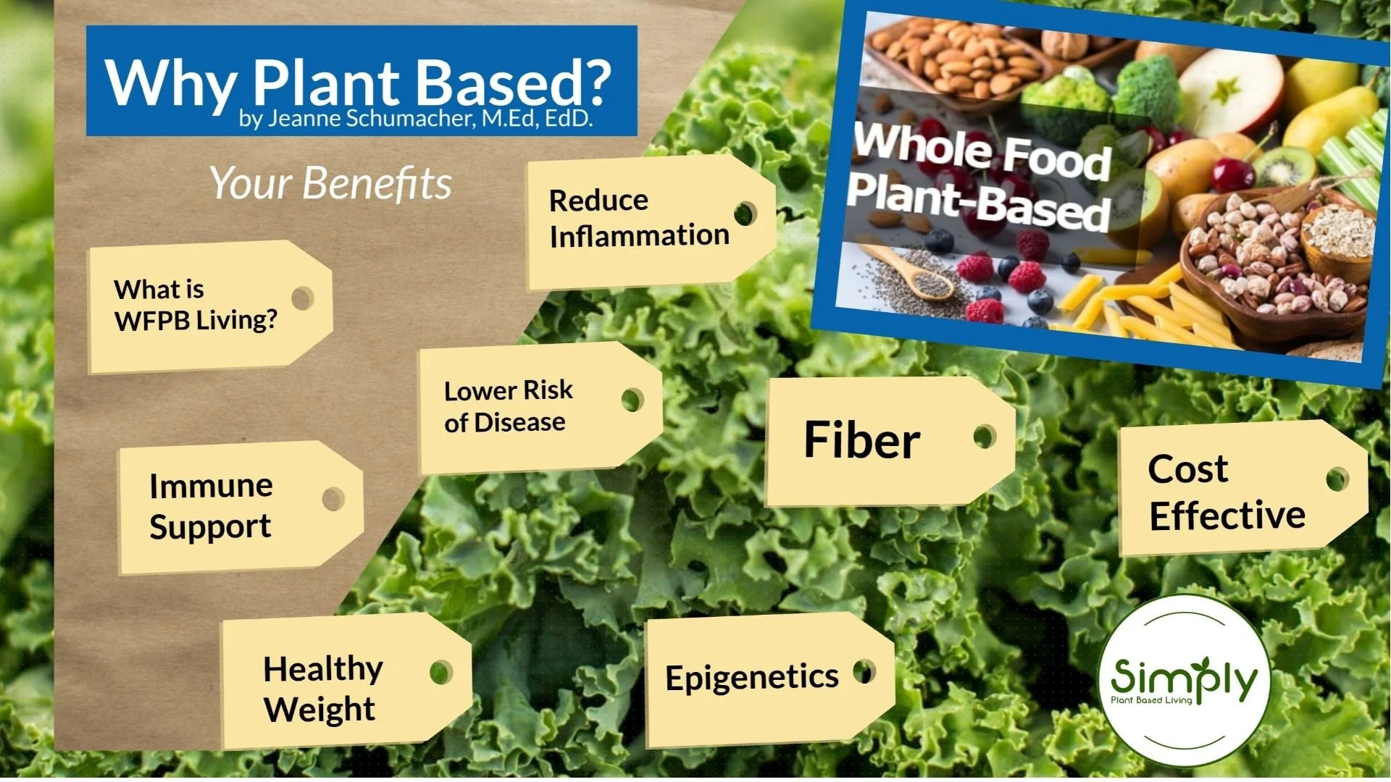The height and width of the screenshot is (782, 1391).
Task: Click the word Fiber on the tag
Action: pos(861,440)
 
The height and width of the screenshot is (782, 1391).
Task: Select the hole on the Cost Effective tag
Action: pos(1337,479)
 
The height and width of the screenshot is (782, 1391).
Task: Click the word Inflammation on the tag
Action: pos(639,236)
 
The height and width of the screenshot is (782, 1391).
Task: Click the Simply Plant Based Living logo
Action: pos(1184,681)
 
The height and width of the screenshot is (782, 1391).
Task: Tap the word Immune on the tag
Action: pos(211,486)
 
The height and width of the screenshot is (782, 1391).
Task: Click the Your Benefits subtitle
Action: pos(330,182)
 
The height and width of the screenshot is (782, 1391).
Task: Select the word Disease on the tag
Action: pos(519,422)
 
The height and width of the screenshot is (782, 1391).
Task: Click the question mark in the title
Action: pos(596,81)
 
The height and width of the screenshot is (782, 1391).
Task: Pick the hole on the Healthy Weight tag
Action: pos(440,672)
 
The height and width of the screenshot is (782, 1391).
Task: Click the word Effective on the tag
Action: pos(1227,516)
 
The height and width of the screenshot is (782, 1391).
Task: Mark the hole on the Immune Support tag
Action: pos(333,498)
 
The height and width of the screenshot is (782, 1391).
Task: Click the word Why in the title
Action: pos(170,83)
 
